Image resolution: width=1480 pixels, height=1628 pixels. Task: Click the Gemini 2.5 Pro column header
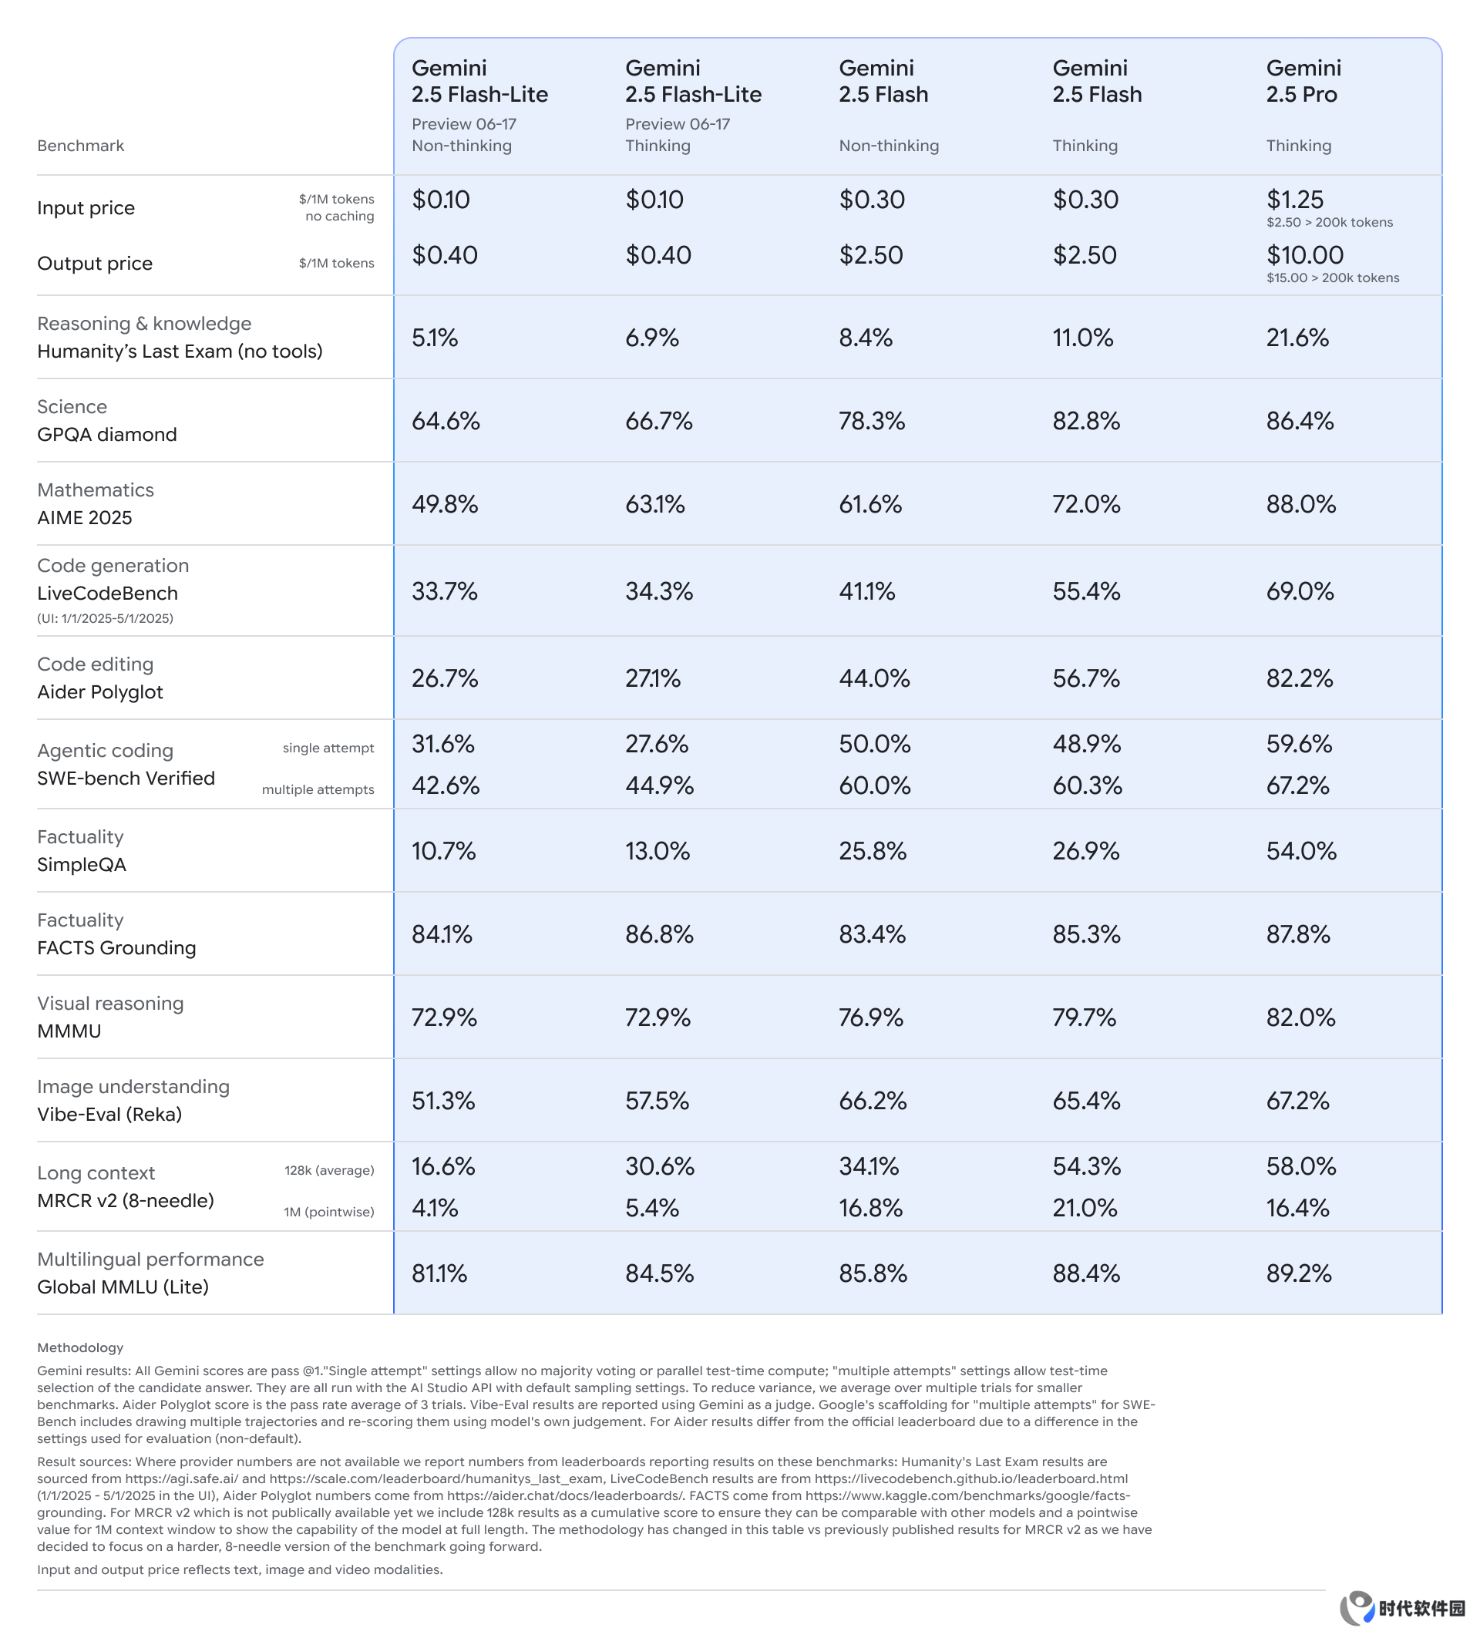(x=1303, y=81)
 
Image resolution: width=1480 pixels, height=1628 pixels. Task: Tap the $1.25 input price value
(x=1294, y=200)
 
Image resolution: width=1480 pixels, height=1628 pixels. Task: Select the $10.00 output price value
(x=1304, y=255)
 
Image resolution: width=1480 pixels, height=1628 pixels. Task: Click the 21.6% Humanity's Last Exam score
(x=1297, y=338)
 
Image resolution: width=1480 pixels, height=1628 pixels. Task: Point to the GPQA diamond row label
(x=106, y=435)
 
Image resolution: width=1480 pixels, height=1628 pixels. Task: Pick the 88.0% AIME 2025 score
(x=1300, y=504)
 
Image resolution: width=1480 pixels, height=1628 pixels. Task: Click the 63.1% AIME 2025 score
(x=654, y=504)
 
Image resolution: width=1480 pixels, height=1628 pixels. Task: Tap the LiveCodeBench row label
(x=107, y=594)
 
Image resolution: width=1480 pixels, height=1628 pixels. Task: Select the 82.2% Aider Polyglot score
(x=1299, y=678)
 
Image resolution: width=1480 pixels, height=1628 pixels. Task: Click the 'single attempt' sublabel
(x=328, y=748)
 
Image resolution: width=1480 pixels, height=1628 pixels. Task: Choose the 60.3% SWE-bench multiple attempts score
(x=1087, y=785)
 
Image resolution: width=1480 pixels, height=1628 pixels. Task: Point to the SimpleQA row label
(x=82, y=865)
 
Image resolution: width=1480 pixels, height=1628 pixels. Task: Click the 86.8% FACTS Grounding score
(x=659, y=934)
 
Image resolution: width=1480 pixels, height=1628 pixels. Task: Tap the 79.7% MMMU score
(x=1084, y=1017)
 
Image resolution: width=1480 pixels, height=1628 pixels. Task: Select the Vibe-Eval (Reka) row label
(x=109, y=1115)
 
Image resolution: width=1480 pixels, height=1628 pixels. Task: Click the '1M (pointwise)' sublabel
(x=328, y=1212)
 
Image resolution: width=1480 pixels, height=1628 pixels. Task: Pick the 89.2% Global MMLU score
(x=1298, y=1273)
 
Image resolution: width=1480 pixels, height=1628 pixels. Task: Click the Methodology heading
(x=80, y=1347)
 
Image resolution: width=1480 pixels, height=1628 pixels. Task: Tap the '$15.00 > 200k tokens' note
(x=1332, y=277)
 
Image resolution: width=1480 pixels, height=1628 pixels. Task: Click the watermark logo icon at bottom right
(x=1357, y=1607)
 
